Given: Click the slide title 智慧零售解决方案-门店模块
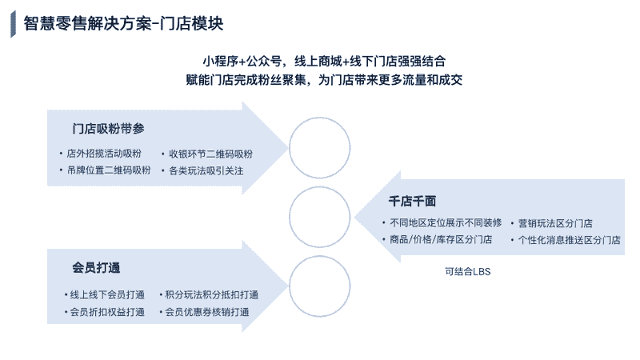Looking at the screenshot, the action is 123,24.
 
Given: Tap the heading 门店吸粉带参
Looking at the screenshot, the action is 108,129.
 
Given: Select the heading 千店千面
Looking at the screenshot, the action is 412,202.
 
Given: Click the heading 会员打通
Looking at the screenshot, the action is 96,268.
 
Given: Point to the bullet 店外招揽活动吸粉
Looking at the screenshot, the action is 104,154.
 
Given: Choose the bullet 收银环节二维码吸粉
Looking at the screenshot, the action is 210,154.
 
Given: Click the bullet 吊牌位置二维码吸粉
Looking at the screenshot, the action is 109,170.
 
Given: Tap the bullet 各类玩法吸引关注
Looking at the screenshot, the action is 206,171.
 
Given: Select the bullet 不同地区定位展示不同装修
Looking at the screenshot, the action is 446,223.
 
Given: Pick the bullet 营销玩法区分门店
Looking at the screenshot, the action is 555,223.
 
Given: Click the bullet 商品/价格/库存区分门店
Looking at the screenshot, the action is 441,239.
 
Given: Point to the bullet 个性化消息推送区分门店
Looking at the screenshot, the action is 569,240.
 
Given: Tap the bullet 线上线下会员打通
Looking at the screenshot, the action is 107,294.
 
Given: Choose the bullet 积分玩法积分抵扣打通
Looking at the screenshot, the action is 211,294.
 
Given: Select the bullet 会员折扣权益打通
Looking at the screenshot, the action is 107,312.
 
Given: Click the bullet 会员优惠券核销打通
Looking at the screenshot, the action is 207,312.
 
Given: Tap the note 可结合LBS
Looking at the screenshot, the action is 468,272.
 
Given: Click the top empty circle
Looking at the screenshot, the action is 319,118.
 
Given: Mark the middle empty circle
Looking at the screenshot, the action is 319,187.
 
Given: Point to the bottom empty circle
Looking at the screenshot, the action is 319,256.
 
